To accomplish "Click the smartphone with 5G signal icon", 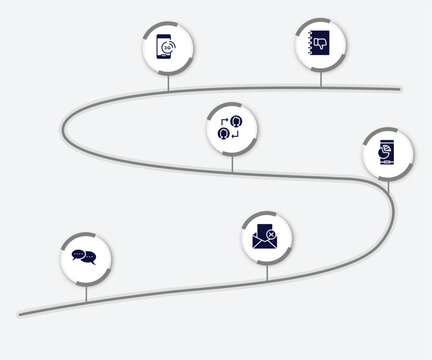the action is [169, 47].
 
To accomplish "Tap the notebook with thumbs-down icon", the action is [319, 45].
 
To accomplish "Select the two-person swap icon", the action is [232, 129].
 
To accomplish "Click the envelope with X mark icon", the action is [266, 237].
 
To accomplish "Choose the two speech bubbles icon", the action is [85, 258].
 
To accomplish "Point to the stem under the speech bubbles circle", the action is [86, 292].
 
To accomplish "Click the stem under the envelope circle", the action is [266, 272].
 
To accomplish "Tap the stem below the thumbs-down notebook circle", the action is [320, 80].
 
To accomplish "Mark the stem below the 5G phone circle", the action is [169, 83].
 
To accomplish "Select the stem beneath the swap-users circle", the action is [232, 164].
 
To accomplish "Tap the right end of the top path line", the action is [400, 89].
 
